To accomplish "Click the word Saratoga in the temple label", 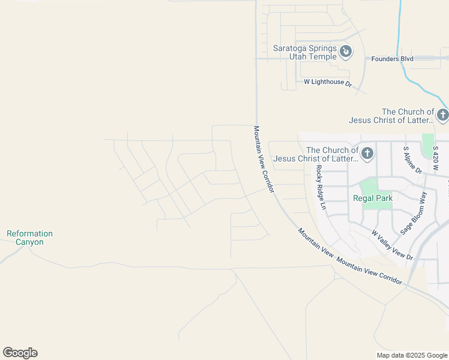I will pos(291,48).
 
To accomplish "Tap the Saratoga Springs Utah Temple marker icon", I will pos(346,52).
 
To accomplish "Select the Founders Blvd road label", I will pos(393,59).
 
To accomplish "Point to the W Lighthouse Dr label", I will pos(328,82).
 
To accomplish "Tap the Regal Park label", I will pos(372,199).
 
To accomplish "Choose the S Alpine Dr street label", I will pos(409,159).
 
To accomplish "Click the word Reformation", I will pos(29,233).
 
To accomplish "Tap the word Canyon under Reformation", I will pos(29,242).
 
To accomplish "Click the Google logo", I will pos(20,353).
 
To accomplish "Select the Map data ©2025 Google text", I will pos(412,355).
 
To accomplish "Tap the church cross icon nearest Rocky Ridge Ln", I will pos(367,154).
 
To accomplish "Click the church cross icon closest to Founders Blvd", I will pos(442,115).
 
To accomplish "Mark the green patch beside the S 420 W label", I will pos(427,144).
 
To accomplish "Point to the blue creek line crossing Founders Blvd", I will pos(400,58).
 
